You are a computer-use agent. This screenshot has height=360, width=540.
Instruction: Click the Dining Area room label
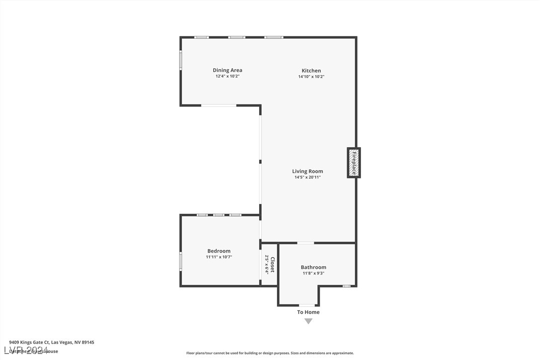click(227, 70)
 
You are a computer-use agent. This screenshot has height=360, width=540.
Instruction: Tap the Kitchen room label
click(311, 71)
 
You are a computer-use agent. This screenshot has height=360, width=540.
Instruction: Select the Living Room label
click(307, 171)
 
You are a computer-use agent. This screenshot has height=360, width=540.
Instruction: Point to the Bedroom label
click(219, 251)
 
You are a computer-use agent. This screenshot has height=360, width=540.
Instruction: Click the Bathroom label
click(313, 267)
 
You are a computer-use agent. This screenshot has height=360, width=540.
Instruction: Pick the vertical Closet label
click(272, 265)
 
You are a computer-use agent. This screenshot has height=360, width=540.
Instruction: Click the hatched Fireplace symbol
click(354, 163)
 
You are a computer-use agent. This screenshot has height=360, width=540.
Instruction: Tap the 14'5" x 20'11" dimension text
click(307, 178)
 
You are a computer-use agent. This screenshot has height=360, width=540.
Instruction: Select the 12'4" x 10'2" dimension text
click(227, 77)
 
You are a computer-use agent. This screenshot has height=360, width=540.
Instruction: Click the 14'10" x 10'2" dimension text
click(311, 77)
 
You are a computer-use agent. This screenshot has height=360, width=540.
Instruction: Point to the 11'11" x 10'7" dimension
click(219, 257)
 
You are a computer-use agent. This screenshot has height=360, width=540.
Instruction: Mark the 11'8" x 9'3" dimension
click(313, 273)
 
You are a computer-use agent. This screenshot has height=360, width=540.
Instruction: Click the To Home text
click(308, 312)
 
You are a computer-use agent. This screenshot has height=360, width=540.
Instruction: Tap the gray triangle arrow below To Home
click(308, 321)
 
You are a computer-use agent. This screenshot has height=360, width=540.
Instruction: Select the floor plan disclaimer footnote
click(270, 353)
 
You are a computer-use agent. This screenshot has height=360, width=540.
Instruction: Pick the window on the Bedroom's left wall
click(181, 261)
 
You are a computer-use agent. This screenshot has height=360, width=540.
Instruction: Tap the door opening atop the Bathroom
click(306, 243)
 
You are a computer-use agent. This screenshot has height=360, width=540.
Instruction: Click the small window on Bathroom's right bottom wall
click(347, 286)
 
